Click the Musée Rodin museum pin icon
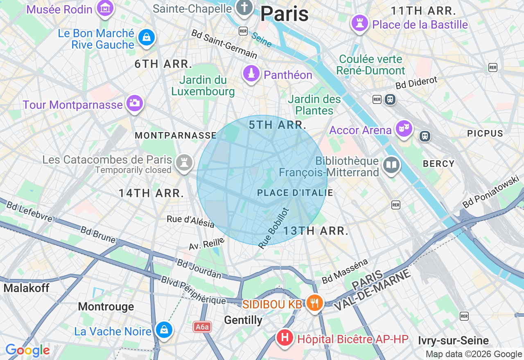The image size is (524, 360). [x=105, y=8]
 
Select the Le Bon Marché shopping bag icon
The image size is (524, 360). [x=146, y=38]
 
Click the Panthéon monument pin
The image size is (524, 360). [x=251, y=74]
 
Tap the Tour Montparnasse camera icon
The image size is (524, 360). [x=134, y=103]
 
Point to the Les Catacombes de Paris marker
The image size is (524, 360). [x=184, y=162]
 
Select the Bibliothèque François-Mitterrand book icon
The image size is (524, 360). [x=391, y=165]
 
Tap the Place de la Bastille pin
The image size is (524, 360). [x=360, y=23]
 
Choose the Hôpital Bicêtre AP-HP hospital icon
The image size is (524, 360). [x=285, y=337]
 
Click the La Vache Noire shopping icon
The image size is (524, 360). [x=164, y=329]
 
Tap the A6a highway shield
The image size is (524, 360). [x=202, y=327]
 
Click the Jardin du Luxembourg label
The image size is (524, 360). [x=203, y=85]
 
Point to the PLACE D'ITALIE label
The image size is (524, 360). [x=295, y=193]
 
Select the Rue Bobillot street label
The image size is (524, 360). [x=274, y=228]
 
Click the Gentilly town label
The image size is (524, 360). [x=243, y=320]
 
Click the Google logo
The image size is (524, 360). [x=27, y=350]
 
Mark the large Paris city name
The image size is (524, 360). [x=284, y=14]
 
